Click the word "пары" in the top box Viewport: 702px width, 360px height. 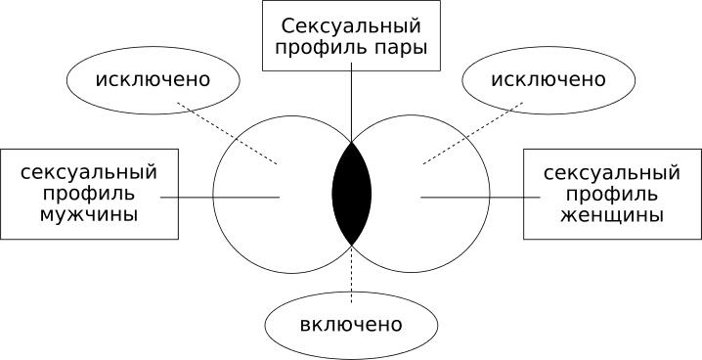pos(401,47)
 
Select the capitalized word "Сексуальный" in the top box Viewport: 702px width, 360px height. pos(351,23)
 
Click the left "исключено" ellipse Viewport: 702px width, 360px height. pos(154,77)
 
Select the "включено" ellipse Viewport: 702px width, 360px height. pos(351,323)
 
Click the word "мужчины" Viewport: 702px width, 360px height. pos(90,214)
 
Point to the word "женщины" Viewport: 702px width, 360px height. pos(611,214)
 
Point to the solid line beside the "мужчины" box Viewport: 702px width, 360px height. pos(220,198)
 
